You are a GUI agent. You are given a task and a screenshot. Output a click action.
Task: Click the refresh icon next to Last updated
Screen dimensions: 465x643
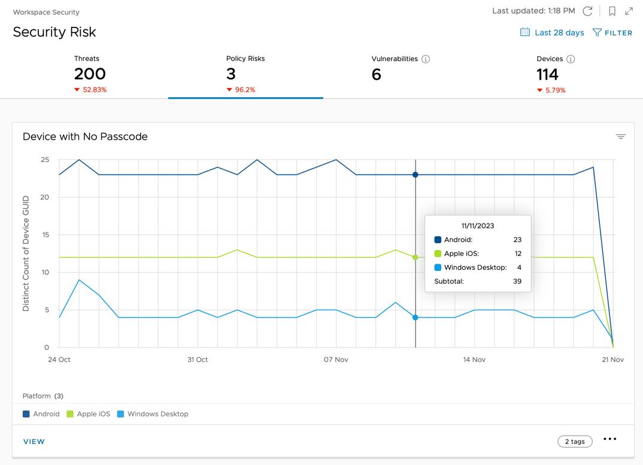coord(588,11)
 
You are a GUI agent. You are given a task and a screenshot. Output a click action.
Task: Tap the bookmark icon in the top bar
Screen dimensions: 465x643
coord(612,11)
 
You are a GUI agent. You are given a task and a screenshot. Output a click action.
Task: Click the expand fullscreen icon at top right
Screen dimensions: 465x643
coord(629,11)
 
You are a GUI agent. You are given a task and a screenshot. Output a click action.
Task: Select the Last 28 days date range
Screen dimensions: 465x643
coord(552,33)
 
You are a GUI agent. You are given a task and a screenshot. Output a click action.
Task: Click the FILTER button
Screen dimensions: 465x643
coord(612,33)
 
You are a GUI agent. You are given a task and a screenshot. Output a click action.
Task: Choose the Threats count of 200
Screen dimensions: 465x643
coord(90,74)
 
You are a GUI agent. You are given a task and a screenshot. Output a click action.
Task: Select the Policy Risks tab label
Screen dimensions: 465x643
coord(245,59)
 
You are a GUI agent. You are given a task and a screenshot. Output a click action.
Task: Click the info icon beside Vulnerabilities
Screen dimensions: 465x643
coord(426,59)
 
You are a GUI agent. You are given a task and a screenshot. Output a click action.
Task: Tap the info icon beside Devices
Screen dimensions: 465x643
coord(571,59)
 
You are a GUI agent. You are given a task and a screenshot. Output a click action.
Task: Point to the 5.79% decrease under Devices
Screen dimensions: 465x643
coord(551,90)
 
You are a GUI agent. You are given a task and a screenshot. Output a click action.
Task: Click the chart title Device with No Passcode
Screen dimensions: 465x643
coord(85,137)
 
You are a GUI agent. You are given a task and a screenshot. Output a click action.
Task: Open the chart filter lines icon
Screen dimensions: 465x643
coord(621,137)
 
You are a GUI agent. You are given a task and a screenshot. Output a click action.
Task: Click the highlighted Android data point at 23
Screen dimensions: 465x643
coord(415,175)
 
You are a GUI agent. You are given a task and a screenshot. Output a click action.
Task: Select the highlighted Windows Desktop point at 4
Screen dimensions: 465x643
coord(415,318)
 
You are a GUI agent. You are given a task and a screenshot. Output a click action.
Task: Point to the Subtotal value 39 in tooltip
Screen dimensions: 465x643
coord(517,281)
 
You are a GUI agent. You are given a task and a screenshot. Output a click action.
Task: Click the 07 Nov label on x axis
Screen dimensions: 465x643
coord(336,360)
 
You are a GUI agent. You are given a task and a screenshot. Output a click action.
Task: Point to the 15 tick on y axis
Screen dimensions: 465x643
coord(45,235)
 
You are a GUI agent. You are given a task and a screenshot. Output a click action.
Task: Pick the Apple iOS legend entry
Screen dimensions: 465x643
coord(89,414)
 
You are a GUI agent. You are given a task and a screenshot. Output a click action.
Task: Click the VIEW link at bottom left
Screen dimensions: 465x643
coord(34,442)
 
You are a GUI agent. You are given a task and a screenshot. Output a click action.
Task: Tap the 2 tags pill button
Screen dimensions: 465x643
coord(575,442)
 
